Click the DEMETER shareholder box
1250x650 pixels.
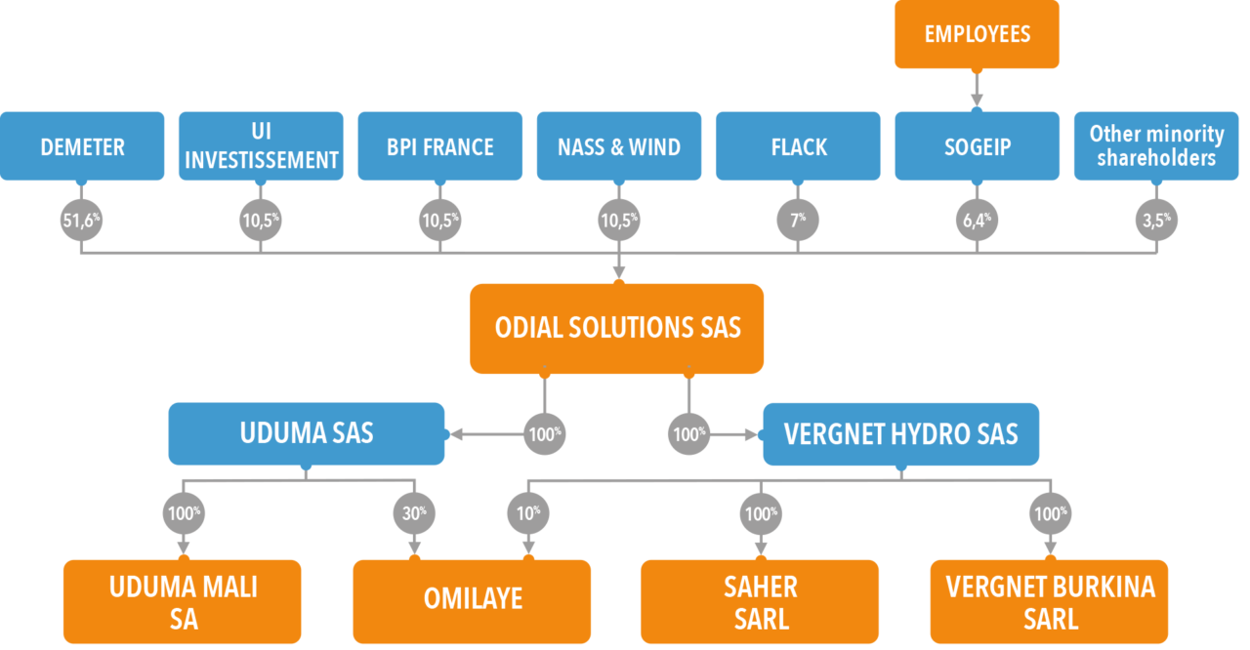click(x=82, y=146)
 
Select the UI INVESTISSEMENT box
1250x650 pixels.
click(x=261, y=146)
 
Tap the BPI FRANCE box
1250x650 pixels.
click(x=439, y=146)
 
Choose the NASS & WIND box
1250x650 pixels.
click(x=618, y=146)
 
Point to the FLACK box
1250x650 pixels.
click(x=798, y=146)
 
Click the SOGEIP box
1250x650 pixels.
click(x=977, y=146)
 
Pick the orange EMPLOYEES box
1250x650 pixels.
click(x=977, y=34)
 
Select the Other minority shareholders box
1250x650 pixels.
click(x=1156, y=146)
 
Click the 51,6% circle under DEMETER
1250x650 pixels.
click(x=81, y=221)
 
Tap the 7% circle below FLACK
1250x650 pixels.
click(x=798, y=221)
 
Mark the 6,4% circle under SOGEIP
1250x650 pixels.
click(x=977, y=221)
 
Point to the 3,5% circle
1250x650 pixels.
click(x=1156, y=221)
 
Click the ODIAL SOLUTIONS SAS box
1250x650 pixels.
click(x=617, y=328)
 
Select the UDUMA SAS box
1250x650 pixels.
click(x=307, y=433)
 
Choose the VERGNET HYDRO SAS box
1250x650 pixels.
click(x=900, y=433)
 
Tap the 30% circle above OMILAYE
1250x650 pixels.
click(x=414, y=512)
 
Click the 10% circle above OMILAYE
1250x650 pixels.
click(x=528, y=512)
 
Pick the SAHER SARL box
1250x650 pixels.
click(x=760, y=601)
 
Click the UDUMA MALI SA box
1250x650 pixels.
click(x=183, y=601)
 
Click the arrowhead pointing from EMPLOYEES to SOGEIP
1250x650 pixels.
click(x=977, y=99)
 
